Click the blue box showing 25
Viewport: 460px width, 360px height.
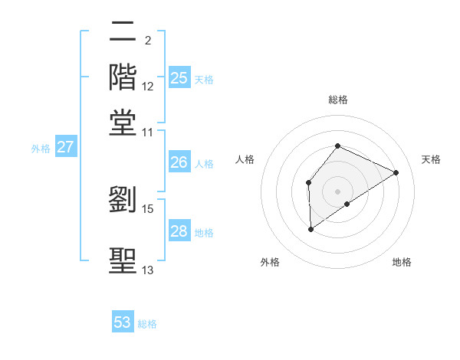[x=179, y=78]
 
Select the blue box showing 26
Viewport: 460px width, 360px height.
[x=179, y=162]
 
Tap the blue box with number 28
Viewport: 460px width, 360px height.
[x=179, y=231]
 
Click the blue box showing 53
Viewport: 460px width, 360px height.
[x=123, y=322]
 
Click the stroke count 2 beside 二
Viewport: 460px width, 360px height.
[x=147, y=41]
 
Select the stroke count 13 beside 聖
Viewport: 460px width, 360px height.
[x=148, y=270]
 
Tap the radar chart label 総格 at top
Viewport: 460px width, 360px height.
[x=337, y=100]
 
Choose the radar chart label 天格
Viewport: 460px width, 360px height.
[x=431, y=159]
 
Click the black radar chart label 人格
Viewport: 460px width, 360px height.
[x=245, y=159]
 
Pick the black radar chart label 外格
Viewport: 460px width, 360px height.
[x=269, y=262]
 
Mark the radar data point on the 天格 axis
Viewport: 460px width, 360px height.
[x=396, y=172]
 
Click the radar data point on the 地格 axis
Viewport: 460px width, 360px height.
[x=347, y=204]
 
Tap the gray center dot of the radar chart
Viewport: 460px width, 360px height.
[x=337, y=191]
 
